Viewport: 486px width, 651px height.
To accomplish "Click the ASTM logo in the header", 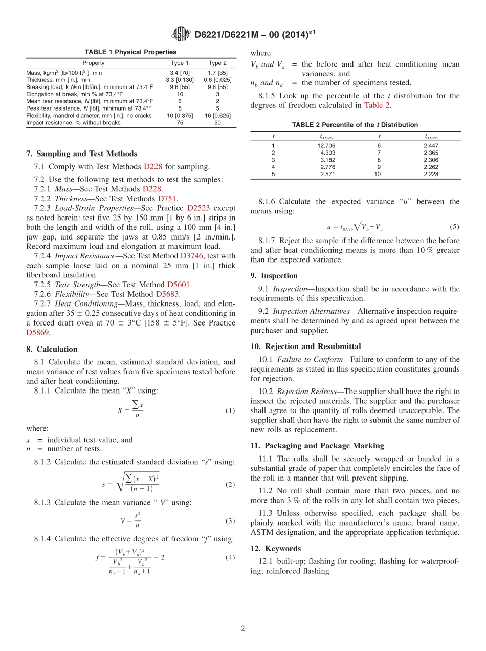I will point(182,34).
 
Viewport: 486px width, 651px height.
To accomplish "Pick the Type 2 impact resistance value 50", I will point(217,123).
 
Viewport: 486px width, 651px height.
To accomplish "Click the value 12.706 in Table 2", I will point(326,146).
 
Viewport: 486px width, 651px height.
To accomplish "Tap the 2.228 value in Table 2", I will point(431,174).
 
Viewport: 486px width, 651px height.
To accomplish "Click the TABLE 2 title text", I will point(355,125).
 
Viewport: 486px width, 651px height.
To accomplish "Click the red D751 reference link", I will point(168,199).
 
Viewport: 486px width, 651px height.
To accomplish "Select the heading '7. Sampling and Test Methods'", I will point(81,154).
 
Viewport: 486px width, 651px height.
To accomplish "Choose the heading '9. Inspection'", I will point(274,275).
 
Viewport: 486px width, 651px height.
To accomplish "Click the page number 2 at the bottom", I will point(243,628).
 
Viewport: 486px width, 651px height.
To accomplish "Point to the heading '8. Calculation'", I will point(52,349).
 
